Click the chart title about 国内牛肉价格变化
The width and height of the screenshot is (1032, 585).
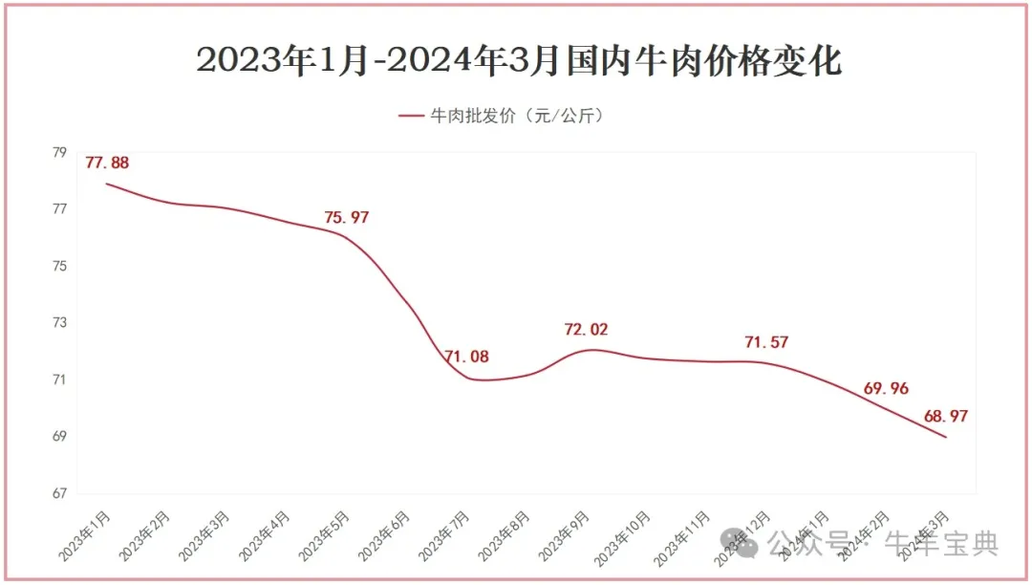[519, 60]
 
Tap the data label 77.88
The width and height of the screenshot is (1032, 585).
[107, 162]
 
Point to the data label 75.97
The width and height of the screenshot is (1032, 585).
[346, 217]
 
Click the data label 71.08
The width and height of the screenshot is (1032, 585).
[466, 357]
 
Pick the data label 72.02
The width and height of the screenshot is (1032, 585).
[586, 330]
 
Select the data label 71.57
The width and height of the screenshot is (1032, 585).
[766, 342]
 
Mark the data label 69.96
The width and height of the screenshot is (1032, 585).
[886, 388]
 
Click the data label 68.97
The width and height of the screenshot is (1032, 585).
[946, 417]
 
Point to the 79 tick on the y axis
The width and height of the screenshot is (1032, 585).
[59, 152]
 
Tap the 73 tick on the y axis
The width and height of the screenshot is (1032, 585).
[59, 323]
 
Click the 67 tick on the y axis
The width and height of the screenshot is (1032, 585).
[59, 494]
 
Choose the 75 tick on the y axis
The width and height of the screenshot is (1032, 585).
[59, 266]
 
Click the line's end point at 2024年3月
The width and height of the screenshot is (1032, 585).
[946, 438]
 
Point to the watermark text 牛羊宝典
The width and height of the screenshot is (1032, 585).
[941, 544]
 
